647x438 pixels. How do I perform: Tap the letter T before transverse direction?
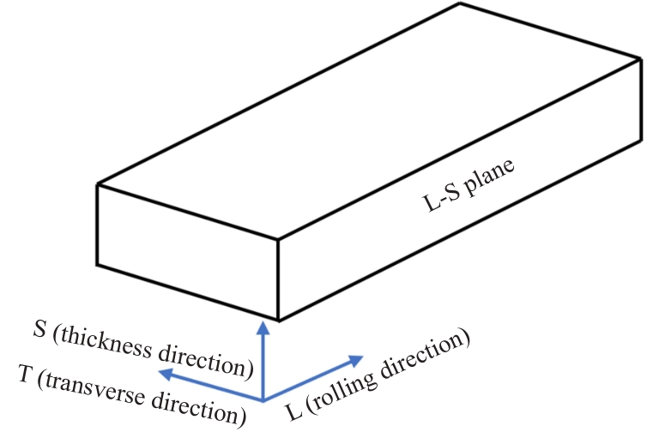point(25,375)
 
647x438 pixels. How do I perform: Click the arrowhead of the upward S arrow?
point(262,327)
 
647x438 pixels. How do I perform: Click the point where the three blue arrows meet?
point(262,399)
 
